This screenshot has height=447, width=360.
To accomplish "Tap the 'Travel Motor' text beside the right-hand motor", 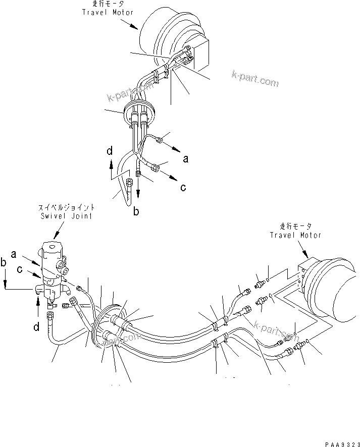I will pyautogui.click(x=295, y=235).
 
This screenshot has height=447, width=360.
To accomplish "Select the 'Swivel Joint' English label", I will pyautogui.click(x=67, y=217).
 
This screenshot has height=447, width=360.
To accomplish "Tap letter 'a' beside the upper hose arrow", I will pyautogui.click(x=185, y=159).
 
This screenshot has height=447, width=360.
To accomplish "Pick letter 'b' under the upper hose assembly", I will pyautogui.click(x=136, y=212).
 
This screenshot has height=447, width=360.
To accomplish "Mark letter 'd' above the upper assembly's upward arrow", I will pyautogui.click(x=110, y=150).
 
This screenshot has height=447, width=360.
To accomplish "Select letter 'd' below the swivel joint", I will pyautogui.click(x=36, y=327).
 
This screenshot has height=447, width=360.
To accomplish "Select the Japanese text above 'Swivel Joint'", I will pyautogui.click(x=67, y=208).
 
